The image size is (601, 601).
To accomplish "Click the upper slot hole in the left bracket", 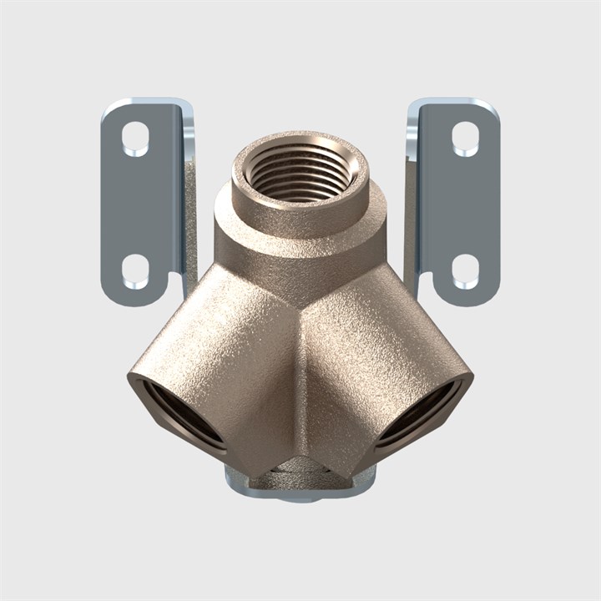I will point(135,139).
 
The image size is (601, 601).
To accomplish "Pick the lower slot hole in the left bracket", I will point(135,270).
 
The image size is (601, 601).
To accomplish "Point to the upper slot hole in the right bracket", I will point(465,139).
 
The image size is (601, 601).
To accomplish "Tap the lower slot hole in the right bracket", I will point(465,270).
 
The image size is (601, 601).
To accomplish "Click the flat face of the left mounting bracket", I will point(138,205).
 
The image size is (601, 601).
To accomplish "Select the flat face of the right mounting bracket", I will point(463,205).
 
